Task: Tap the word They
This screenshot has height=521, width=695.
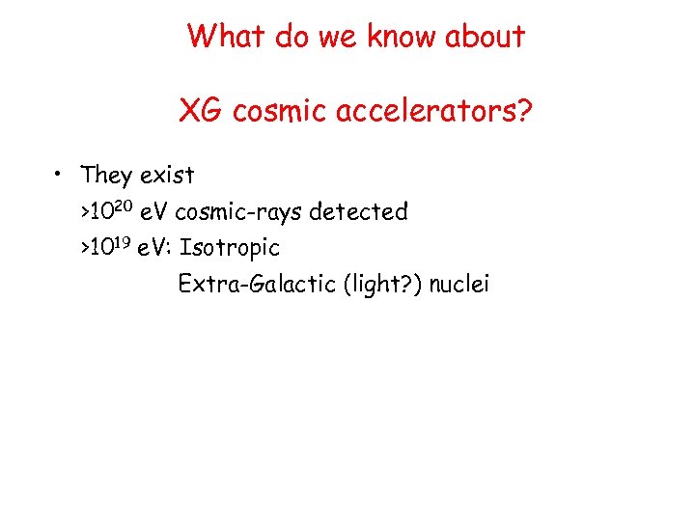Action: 106,176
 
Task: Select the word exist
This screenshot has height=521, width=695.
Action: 167,176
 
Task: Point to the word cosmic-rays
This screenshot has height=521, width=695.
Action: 237,211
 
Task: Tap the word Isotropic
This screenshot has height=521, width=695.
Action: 230,248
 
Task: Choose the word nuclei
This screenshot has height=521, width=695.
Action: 459,285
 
